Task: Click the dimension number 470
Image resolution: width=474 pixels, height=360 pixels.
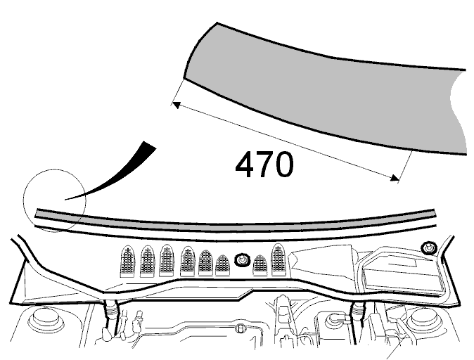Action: pos(264,165)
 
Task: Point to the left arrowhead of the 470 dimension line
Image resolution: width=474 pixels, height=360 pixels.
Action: pos(176,105)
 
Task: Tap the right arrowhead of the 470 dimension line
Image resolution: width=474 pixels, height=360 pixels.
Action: pos(395,178)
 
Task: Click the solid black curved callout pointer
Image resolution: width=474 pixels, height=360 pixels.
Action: pos(121,175)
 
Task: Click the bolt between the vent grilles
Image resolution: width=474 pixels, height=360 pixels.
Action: pos(243,260)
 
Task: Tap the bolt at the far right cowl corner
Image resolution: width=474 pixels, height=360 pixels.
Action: pos(429,248)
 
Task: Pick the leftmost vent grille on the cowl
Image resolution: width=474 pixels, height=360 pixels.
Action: pos(127,261)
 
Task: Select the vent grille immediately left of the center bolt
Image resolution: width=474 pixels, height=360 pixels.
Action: pos(222,265)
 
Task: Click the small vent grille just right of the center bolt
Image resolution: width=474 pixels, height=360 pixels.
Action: pos(260,265)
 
